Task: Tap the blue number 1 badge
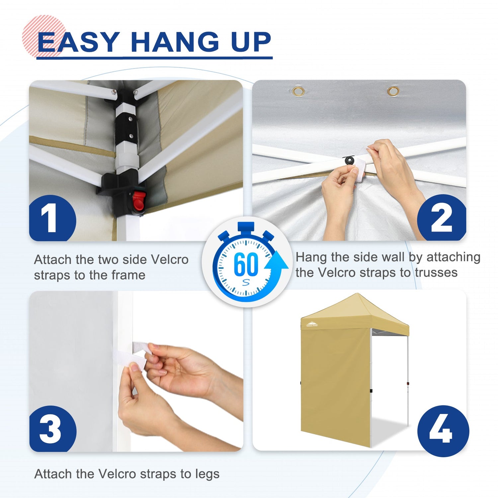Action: pos(52,218)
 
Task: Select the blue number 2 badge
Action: pos(442,218)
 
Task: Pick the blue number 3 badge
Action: pos(53,429)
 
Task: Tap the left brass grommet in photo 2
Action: pos(298,91)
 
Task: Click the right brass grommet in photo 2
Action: pos(393,91)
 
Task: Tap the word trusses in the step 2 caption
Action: pos(436,273)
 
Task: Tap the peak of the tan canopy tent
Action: pos(357,294)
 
